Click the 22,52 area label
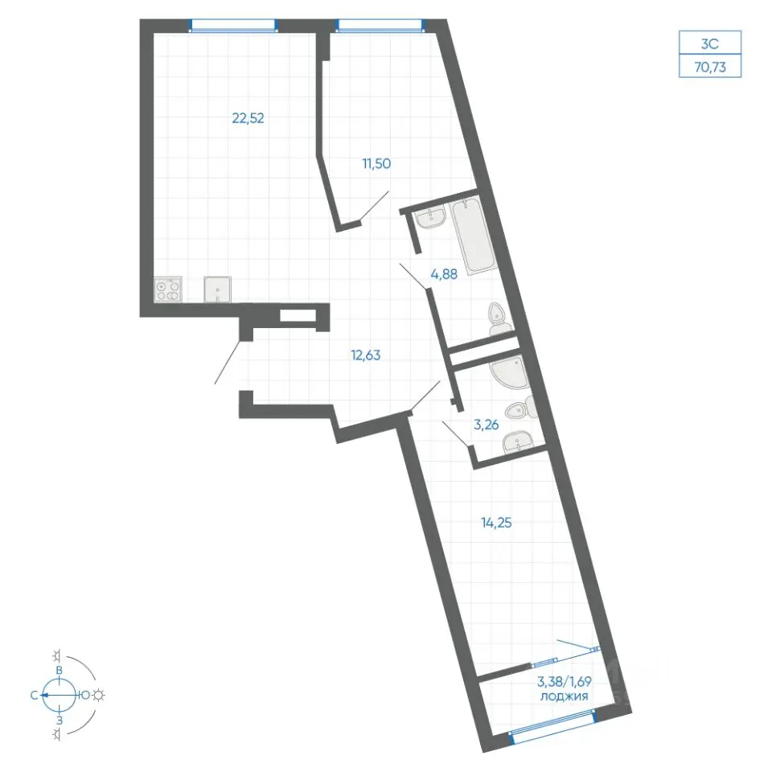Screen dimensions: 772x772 [248, 118]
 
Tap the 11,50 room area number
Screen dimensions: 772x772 [376, 163]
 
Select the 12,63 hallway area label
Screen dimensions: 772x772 [366, 355]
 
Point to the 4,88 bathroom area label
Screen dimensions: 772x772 [444, 274]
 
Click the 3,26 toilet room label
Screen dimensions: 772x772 [486, 425]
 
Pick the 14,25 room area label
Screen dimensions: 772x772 [496, 523]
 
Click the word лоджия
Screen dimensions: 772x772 [565, 696]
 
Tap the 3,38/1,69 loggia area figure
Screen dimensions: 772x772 [565, 682]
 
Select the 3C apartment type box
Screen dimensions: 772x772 [710, 43]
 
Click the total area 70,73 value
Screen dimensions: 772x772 [710, 67]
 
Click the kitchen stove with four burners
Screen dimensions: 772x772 [168, 289]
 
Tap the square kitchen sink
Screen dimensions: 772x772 [218, 289]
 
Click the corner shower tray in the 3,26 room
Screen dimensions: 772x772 [510, 372]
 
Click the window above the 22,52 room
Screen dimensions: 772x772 [233, 26]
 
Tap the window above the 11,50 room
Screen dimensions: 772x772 [379, 26]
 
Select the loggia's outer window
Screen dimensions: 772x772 [552, 722]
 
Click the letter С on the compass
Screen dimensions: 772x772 [35, 695]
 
